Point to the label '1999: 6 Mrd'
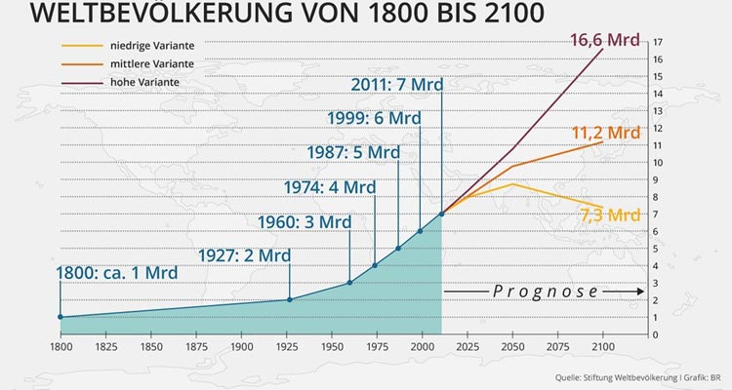(375, 118)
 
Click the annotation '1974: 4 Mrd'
(330, 186)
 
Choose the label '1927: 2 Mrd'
(244, 254)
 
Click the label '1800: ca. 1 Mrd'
(117, 272)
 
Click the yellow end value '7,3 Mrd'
(610, 214)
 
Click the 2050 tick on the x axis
(512, 346)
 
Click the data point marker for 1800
(61, 317)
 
